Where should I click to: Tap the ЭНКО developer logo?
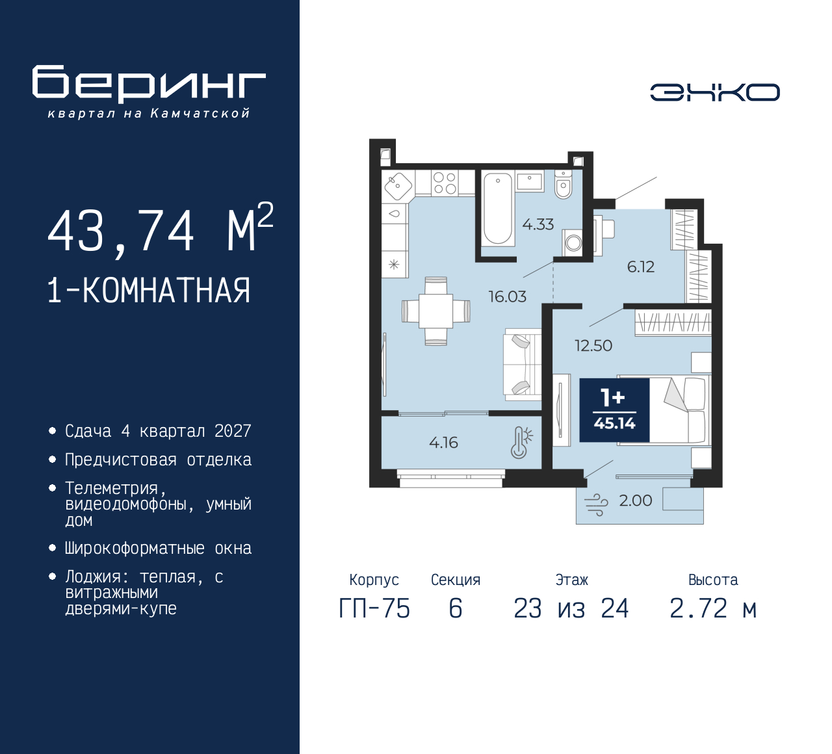714,92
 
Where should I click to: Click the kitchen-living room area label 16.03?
507,297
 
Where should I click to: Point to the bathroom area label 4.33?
538,225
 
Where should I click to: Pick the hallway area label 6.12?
640,267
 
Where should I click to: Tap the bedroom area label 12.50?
593,346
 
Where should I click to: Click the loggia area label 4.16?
443,443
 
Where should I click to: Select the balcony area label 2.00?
635,500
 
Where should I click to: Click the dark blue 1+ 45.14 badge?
614,410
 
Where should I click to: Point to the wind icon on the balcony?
596,504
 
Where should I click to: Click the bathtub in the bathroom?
499,209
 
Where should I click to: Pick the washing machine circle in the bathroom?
573,243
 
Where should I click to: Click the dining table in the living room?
435,311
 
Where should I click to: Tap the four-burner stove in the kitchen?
445,183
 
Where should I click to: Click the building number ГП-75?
374,609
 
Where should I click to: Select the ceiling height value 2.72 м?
713,609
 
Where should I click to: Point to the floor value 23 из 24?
571,609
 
